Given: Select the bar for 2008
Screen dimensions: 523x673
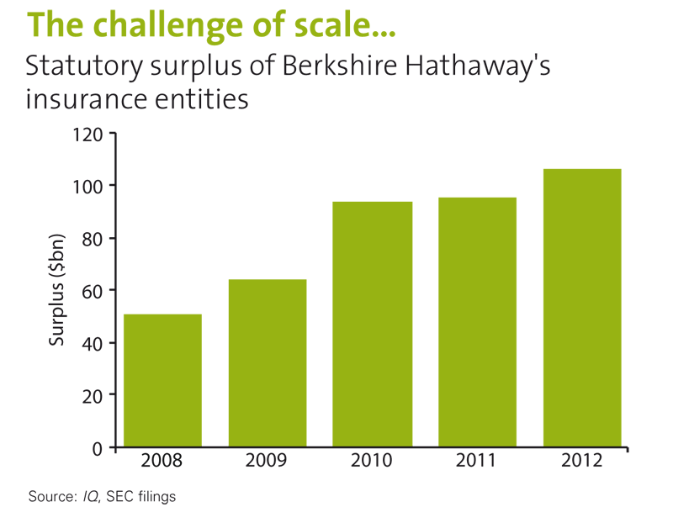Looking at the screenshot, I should click(x=162, y=380).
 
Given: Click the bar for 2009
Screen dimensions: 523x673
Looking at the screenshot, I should click(x=268, y=362).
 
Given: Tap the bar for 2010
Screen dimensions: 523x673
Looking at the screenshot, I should click(x=373, y=324).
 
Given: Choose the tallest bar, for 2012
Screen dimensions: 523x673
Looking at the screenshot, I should click(x=582, y=308).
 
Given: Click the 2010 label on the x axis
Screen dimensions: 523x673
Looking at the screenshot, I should click(x=373, y=462).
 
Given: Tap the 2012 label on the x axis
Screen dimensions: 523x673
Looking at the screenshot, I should click(x=582, y=462).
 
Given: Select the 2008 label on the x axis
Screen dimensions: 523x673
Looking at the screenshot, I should click(x=162, y=462).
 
